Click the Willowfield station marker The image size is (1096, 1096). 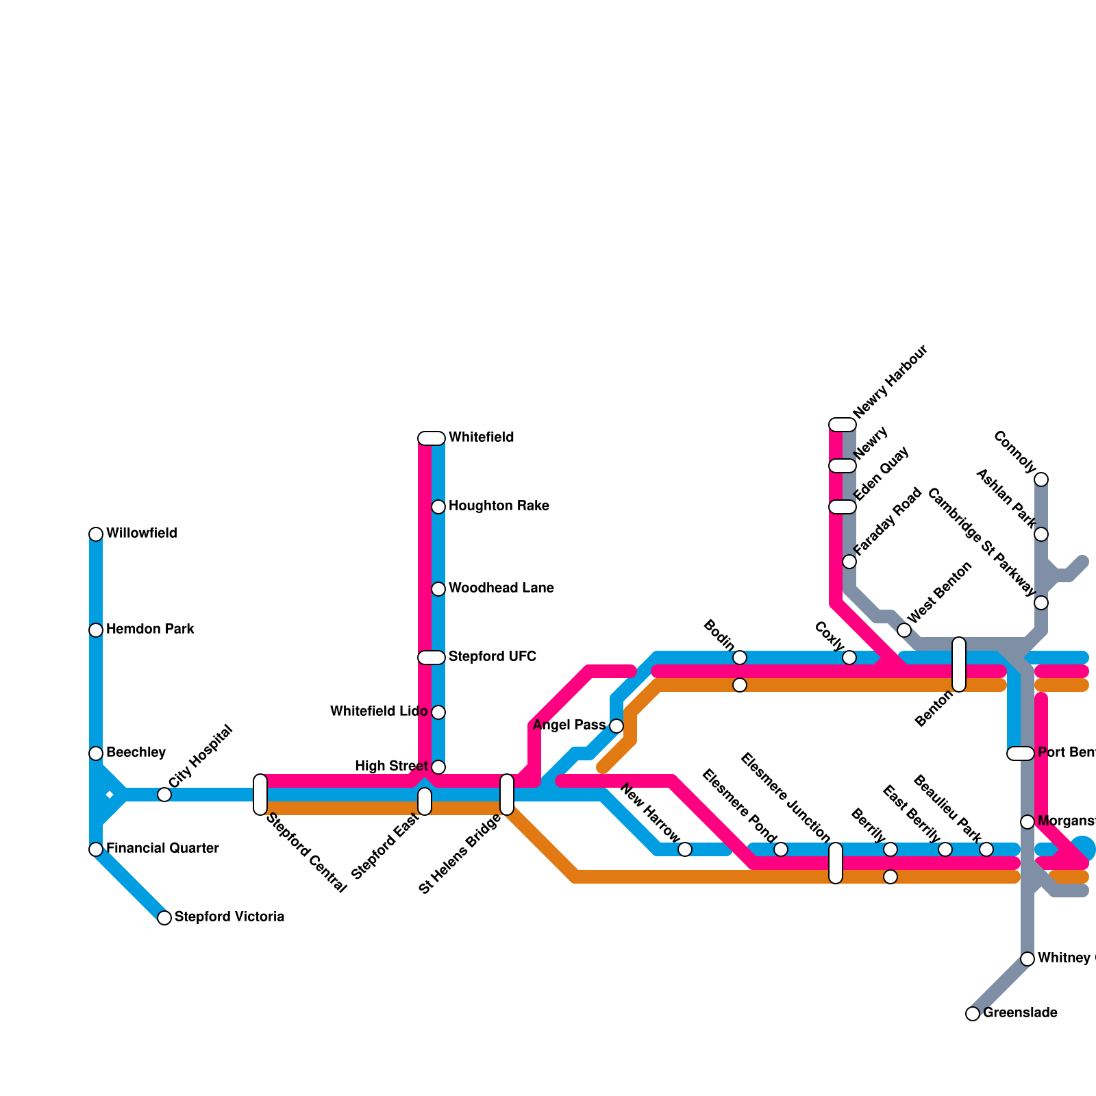[x=96, y=534]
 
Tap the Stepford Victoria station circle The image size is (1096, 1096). [x=164, y=918]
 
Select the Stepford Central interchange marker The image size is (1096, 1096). [x=260, y=795]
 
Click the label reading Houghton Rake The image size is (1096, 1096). [x=499, y=506]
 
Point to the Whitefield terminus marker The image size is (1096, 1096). [x=432, y=438]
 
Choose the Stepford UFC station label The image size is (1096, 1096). [x=492, y=657]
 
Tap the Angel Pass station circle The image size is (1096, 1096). [x=616, y=726]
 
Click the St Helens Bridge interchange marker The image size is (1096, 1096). [x=507, y=795]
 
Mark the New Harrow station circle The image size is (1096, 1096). [x=685, y=849]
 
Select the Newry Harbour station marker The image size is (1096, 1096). [x=843, y=425]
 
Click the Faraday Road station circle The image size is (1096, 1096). [x=849, y=562]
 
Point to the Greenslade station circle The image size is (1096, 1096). [x=973, y=1014]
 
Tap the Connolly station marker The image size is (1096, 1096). [x=1041, y=480]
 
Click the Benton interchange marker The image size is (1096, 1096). [x=959, y=664]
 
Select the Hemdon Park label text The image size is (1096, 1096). [x=150, y=630]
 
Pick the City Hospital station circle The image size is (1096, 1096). [x=164, y=795]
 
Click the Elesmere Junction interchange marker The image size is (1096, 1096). [x=836, y=863]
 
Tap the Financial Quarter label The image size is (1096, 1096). [x=162, y=849]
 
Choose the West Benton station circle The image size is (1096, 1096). [x=904, y=630]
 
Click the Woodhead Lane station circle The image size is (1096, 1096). [x=438, y=589]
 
